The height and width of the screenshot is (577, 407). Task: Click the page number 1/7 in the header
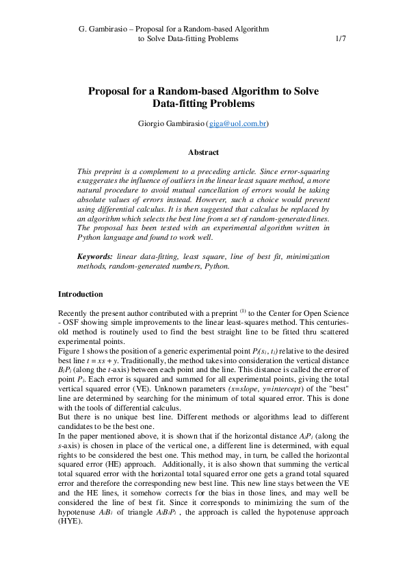pos(341,39)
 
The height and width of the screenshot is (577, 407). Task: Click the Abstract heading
pos(203,152)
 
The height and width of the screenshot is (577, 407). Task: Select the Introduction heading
pos(80,294)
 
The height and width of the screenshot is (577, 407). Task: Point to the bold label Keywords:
pos(94,256)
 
